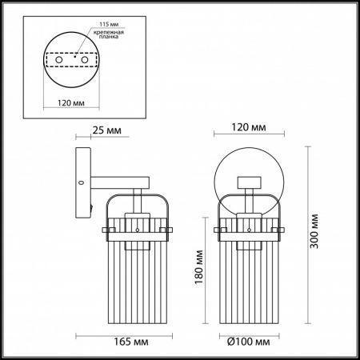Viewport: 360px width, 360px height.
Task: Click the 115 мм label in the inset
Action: point(109,24)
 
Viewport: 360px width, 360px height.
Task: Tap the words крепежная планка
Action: point(109,34)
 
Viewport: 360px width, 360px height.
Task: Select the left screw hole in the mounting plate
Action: point(59,60)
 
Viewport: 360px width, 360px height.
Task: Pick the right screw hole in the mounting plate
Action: point(85,60)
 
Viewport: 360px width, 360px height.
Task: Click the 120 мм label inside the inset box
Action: point(71,102)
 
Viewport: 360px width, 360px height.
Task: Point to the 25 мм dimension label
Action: point(106,130)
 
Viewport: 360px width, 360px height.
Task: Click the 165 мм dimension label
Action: point(131,342)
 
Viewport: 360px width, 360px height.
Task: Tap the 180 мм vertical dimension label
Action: point(199,267)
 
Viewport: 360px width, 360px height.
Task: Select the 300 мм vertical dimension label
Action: point(314,231)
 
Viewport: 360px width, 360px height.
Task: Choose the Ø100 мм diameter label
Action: point(248,342)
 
